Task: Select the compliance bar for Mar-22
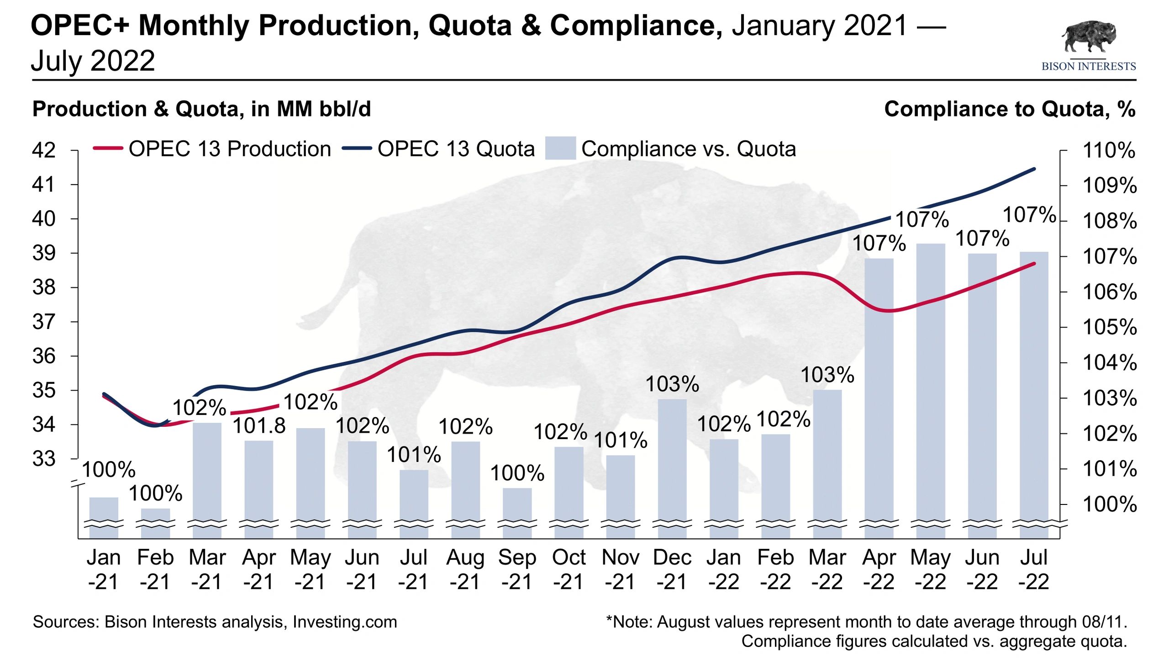coord(827,457)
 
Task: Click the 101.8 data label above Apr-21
coord(259,426)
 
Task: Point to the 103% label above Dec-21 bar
coord(672,384)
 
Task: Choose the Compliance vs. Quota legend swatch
coord(560,149)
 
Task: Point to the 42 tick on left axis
coord(44,150)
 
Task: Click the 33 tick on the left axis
coord(44,459)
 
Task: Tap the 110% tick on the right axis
coord(1109,150)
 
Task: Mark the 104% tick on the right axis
coord(1109,363)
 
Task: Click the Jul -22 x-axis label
coord(1034,569)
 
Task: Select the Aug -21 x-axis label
coord(465,569)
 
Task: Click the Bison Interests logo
coord(1089,46)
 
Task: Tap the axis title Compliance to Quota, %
coord(1010,109)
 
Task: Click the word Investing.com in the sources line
coord(345,622)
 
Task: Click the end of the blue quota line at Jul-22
coord(1034,169)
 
